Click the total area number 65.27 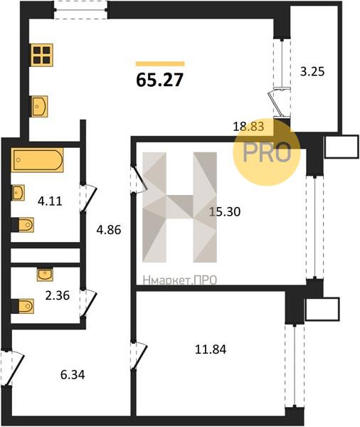point(160,80)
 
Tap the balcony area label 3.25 point(312,72)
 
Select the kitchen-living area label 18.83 point(248,127)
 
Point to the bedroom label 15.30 point(225,211)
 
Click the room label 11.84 point(211,349)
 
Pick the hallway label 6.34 point(73,375)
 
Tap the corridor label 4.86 point(109,230)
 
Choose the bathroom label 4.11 point(50,201)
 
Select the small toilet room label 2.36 point(58,295)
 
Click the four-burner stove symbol point(42,55)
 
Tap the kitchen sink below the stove point(39,107)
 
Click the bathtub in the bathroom point(38,160)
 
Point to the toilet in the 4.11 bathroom point(23,225)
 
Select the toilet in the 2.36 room point(23,306)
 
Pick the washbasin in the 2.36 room point(45,275)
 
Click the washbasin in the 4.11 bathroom point(18,193)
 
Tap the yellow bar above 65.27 point(160,64)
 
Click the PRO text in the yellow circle point(267,153)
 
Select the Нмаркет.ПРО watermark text point(180,280)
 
